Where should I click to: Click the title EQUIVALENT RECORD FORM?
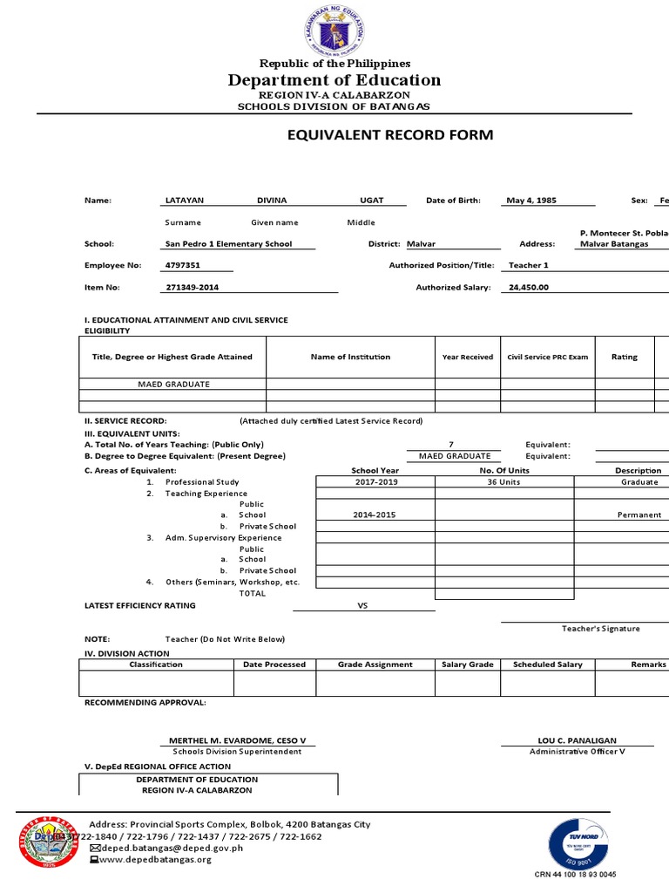[390, 135]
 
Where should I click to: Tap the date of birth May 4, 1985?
[530, 201]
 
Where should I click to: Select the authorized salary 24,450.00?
[528, 287]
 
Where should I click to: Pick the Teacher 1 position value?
[529, 265]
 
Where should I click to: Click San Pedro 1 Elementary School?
[229, 244]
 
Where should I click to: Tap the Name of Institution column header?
[350, 357]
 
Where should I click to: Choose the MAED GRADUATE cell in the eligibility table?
[173, 384]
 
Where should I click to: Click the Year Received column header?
[467, 357]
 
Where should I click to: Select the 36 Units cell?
[503, 482]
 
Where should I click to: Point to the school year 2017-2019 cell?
[375, 482]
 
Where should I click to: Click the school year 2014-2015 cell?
[375, 515]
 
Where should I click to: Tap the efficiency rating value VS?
[363, 605]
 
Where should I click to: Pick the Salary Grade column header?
[468, 665]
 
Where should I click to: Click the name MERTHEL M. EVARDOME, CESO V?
[237, 740]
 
